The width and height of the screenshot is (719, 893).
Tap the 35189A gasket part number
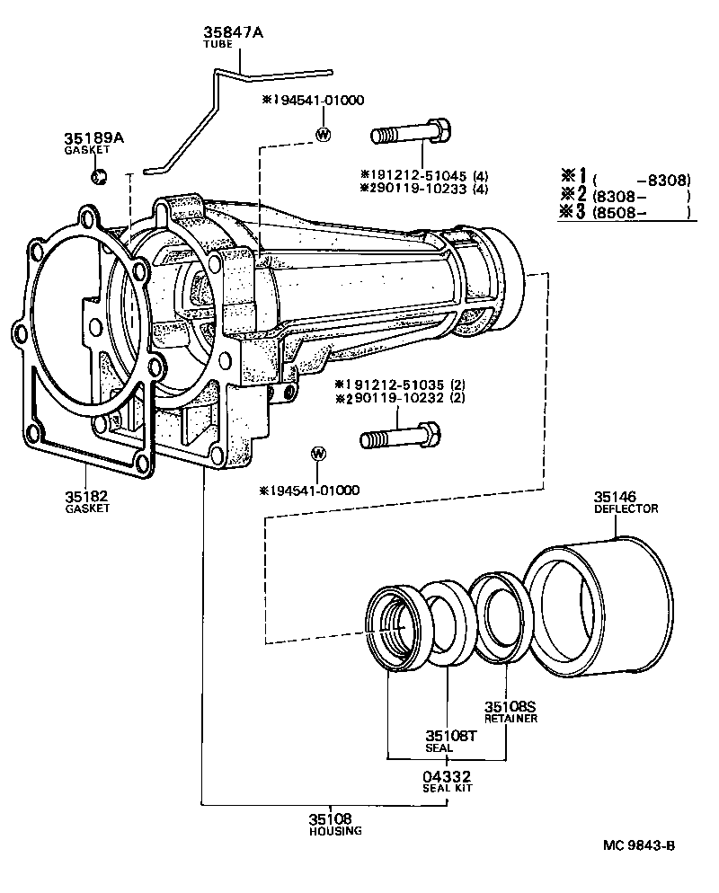[x=93, y=138]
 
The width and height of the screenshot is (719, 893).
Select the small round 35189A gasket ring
[x=102, y=174]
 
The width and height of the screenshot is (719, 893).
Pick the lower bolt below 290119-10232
[x=399, y=439]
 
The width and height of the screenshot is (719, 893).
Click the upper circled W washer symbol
[x=324, y=135]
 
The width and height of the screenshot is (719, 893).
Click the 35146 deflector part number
[x=614, y=496]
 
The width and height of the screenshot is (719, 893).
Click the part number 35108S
[x=510, y=707]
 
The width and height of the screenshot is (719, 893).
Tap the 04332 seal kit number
[x=447, y=776]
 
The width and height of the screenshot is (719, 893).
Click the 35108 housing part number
[x=332, y=819]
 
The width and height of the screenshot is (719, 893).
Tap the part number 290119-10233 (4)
[x=423, y=188]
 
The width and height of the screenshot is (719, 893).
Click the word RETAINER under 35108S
[x=510, y=719]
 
